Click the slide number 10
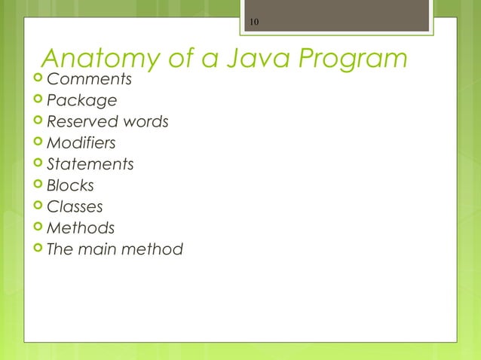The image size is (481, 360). point(254,22)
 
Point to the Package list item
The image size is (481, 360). point(81,101)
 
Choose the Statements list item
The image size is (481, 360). point(90,164)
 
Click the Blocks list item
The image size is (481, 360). point(70,185)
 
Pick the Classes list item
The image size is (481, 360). point(75,206)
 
